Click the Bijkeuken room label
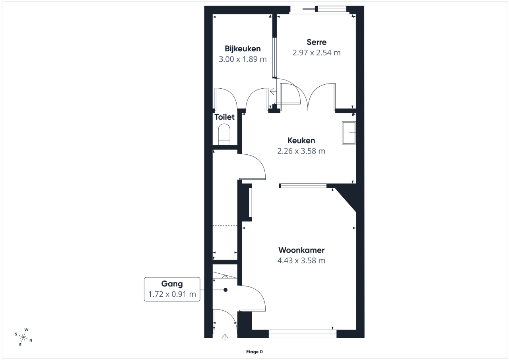click(243, 49)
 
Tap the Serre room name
click(317, 42)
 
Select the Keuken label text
click(301, 140)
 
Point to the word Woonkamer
click(301, 250)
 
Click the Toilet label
click(224, 117)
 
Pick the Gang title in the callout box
click(172, 284)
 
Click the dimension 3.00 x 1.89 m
click(243, 59)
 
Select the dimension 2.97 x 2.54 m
click(317, 53)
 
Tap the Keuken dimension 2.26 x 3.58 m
click(301, 151)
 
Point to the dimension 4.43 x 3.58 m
click(301, 261)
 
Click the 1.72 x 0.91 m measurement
click(172, 294)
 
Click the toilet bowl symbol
click(224, 134)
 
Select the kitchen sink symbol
click(349, 133)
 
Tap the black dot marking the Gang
click(225, 290)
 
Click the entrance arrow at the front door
click(225, 337)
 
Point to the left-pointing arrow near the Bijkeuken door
click(273, 91)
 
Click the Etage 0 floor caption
click(254, 352)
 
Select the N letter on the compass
click(31, 340)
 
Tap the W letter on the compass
click(26, 330)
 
